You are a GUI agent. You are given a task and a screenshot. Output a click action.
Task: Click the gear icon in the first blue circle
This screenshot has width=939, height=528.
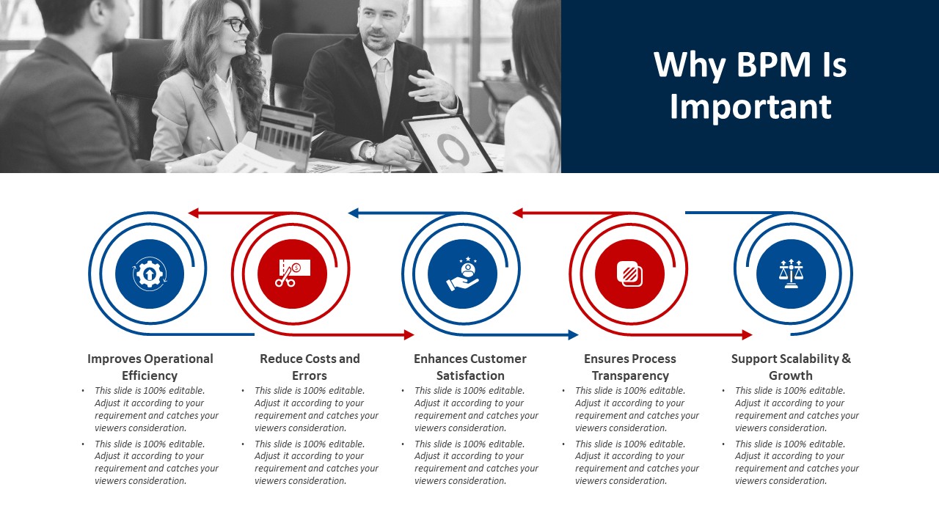pyautogui.click(x=150, y=274)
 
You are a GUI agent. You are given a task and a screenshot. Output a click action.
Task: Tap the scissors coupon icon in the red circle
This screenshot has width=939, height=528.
pyautogui.click(x=293, y=273)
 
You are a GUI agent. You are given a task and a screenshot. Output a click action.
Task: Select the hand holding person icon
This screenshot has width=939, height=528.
pyautogui.click(x=463, y=274)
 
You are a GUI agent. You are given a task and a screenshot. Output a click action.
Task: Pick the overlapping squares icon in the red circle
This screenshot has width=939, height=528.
pyautogui.click(x=629, y=274)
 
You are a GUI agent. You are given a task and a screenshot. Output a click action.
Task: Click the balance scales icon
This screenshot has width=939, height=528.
pyautogui.click(x=791, y=274)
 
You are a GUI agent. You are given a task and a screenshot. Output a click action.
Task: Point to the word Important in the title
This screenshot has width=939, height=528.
pyautogui.click(x=750, y=107)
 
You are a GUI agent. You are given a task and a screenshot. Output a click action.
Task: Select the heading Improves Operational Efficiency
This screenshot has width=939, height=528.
pyautogui.click(x=150, y=367)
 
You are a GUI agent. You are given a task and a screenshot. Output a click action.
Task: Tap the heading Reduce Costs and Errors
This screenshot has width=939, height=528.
pyautogui.click(x=310, y=367)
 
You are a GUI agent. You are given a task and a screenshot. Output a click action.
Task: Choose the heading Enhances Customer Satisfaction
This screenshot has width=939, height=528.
pyautogui.click(x=470, y=367)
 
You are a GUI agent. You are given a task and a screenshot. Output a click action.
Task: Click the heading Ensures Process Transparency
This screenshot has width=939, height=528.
pyautogui.click(x=630, y=367)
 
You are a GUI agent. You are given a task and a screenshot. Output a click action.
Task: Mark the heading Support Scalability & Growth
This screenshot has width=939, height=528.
pyautogui.click(x=791, y=367)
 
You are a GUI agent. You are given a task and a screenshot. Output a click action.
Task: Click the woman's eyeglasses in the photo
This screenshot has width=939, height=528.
pyautogui.click(x=235, y=24)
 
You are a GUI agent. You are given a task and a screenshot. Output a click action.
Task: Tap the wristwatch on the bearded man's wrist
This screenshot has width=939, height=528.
pyautogui.click(x=370, y=151)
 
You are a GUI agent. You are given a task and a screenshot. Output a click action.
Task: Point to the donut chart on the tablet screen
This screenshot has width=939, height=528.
pyautogui.click(x=451, y=149)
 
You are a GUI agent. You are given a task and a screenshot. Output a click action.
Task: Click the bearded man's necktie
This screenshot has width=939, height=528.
pyautogui.click(x=382, y=86)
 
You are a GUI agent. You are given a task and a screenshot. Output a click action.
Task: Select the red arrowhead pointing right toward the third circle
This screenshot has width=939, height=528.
pyautogui.click(x=409, y=335)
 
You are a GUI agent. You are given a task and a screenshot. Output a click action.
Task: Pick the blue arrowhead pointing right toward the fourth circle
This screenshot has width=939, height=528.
pyautogui.click(x=574, y=335)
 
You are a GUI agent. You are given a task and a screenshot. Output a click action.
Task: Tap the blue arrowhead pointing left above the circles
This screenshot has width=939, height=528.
pyautogui.click(x=354, y=213)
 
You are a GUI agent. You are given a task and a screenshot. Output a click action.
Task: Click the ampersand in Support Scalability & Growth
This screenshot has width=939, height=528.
pyautogui.click(x=847, y=359)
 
